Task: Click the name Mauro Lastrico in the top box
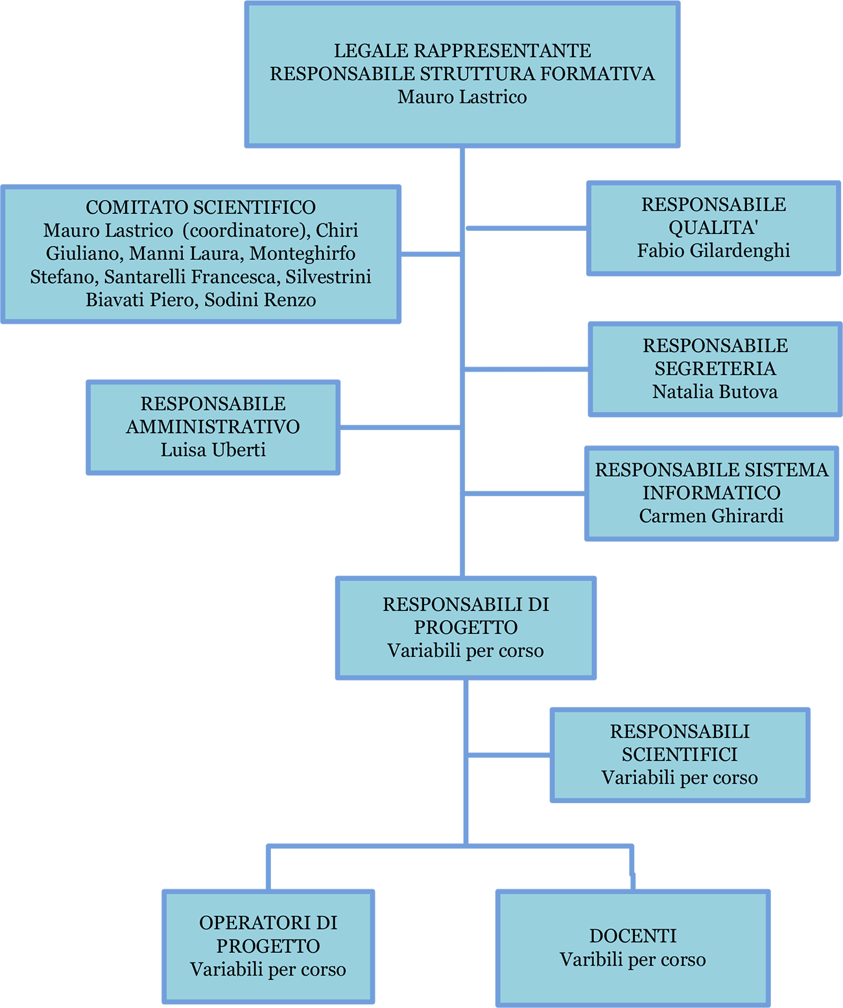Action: [462, 97]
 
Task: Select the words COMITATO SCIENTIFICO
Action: [201, 207]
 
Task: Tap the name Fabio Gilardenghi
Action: [713, 250]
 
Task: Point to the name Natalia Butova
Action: [715, 392]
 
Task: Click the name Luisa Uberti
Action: [213, 450]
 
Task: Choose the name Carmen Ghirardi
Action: [711, 516]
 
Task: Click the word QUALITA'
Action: [713, 228]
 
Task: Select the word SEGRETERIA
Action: [715, 368]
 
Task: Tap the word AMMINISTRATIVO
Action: [213, 426]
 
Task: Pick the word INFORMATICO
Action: [711, 492]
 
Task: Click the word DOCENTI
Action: [633, 935]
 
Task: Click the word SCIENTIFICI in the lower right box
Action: [680, 754]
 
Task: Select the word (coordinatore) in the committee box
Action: [246, 230]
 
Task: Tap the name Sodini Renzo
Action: [260, 300]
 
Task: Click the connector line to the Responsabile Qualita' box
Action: [527, 228]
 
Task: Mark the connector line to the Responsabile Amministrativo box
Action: [400, 427]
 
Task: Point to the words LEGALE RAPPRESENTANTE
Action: [462, 51]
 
